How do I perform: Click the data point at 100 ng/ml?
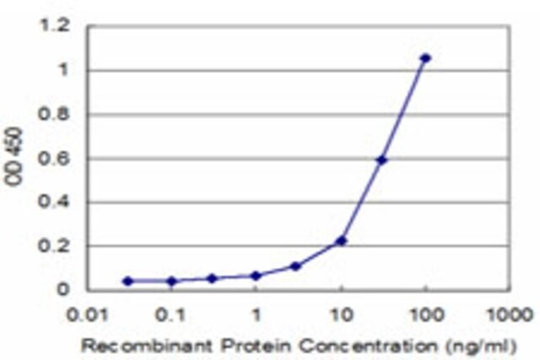pos(425,58)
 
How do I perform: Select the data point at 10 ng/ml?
pos(341,241)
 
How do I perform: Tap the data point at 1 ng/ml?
pos(256,276)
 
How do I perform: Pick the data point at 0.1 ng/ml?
pos(171,282)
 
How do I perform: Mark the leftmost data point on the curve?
pos(127,282)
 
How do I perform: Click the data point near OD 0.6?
pos(381,160)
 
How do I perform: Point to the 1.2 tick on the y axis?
pos(55,26)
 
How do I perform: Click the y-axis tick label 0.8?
pos(54,115)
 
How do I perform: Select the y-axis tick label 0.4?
pos(54,202)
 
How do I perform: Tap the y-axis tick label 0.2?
pos(54,246)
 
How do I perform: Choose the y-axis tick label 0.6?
pos(54,159)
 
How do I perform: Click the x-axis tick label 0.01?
pos(87,315)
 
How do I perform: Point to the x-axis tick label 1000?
pos(509,315)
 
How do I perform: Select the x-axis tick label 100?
pos(425,315)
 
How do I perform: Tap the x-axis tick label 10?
pos(342,315)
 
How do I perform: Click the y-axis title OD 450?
pos(13,157)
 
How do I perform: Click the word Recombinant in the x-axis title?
pos(147,346)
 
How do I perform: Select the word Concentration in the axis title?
pos(368,346)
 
